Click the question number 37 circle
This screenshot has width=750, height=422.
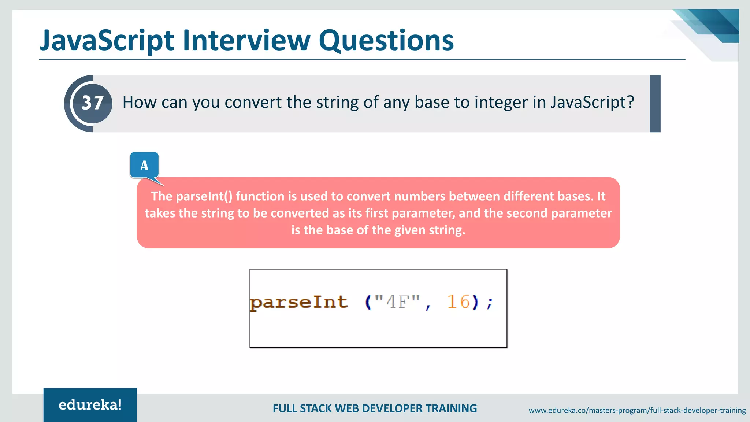[x=92, y=103]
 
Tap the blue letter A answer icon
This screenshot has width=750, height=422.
[x=144, y=166]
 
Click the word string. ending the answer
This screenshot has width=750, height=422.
[x=447, y=230]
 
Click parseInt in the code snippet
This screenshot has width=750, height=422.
[x=299, y=303]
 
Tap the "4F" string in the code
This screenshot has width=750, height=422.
[x=397, y=302]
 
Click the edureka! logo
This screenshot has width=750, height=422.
[x=90, y=405]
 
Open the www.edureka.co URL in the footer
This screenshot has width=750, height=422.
[x=637, y=411]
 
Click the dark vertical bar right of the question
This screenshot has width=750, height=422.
[x=655, y=104]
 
